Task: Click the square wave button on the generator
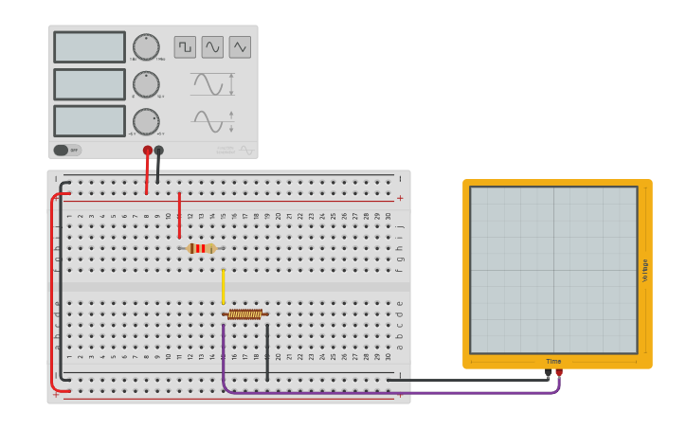coord(185,47)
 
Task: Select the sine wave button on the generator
coord(212,47)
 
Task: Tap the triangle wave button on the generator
coord(240,47)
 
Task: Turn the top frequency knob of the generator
coord(146,47)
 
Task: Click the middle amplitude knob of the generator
coord(146,84)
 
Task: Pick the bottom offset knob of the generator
coord(146,121)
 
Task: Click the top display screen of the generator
coord(89,47)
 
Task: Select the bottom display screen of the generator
coord(89,120)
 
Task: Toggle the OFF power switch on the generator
coord(66,150)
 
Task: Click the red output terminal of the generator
coord(148,150)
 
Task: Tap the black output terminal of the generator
coord(159,150)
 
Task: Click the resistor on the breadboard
coord(201,248)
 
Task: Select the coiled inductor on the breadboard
coord(245,314)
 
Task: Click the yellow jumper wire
coord(224,286)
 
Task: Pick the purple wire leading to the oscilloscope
coord(379,392)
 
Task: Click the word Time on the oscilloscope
coord(553,361)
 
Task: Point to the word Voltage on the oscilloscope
coord(645,270)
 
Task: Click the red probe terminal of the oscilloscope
coord(559,373)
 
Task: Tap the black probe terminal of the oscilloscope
coord(548,373)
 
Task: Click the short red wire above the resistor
coord(179,214)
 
